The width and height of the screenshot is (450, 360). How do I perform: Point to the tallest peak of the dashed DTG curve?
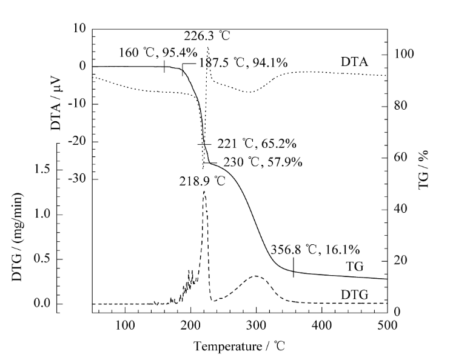click(204, 192)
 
